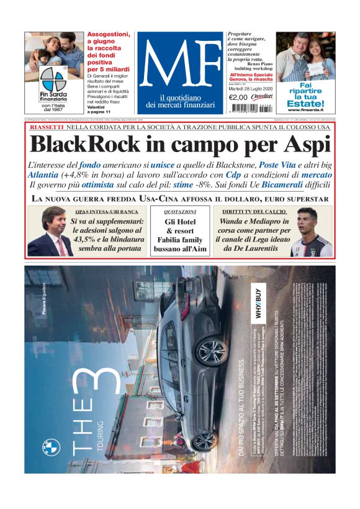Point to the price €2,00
click(x=238, y=97)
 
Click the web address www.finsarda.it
click(x=305, y=110)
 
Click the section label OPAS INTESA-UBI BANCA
click(x=111, y=212)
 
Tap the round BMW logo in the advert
click(x=51, y=447)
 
